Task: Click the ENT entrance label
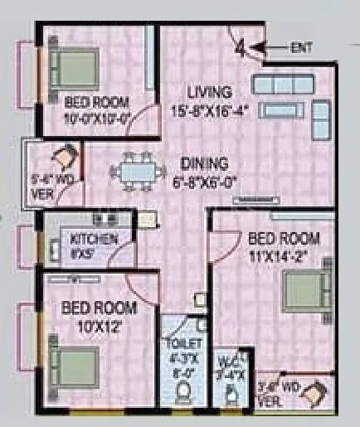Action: pos(300,48)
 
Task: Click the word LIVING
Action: pos(209,90)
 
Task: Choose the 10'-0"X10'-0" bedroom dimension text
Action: pos(99,117)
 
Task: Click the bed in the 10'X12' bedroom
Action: pos(73,362)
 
